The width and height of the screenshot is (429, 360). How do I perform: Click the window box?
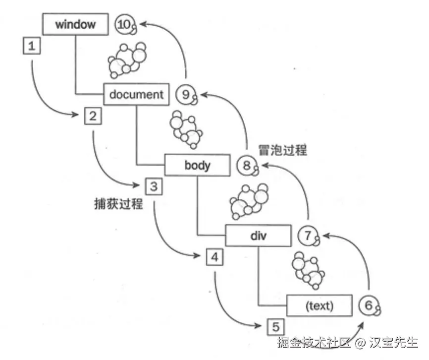[75, 23]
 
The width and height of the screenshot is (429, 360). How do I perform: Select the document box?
[136, 94]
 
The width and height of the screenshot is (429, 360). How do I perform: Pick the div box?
[258, 236]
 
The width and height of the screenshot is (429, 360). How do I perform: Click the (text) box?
[320, 306]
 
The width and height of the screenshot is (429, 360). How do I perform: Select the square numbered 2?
[93, 117]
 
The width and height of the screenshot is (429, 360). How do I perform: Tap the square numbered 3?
[154, 187]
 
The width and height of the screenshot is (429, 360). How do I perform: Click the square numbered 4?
[214, 257]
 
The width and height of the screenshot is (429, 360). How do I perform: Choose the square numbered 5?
[275, 327]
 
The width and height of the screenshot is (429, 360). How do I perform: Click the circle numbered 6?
[369, 305]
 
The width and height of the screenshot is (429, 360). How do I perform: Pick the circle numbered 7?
[308, 236]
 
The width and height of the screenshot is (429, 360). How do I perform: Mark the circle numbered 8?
[247, 165]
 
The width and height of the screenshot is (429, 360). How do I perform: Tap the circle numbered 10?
[124, 24]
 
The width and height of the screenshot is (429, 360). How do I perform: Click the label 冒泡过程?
[282, 149]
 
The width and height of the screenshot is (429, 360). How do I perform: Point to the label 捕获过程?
[118, 203]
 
